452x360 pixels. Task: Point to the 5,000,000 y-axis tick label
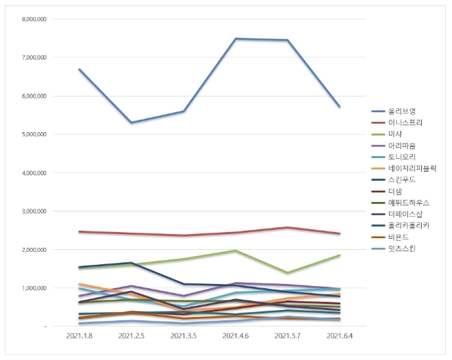[32, 135]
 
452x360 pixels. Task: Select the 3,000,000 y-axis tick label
[32, 211]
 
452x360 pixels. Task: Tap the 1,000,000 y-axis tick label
[32, 288]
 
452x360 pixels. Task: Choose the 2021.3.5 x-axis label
[184, 337]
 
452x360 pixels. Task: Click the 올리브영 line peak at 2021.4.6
[236, 39]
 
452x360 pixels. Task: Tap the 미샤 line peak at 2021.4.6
[236, 250]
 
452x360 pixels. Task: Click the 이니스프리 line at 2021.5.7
[288, 228]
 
